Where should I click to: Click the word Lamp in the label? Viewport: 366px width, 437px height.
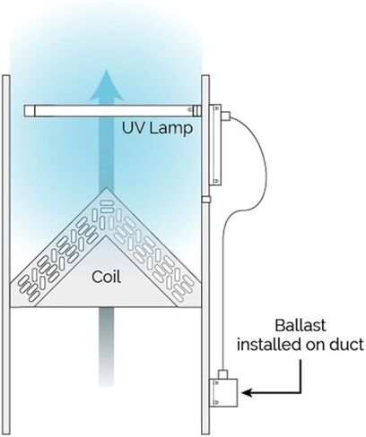pyautogui.click(x=170, y=129)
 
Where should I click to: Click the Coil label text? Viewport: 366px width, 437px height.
pyautogui.click(x=107, y=277)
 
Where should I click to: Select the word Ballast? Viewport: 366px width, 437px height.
pyautogui.click(x=301, y=325)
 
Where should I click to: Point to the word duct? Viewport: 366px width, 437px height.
pyautogui.click(x=347, y=345)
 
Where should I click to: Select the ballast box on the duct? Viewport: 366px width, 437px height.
pyautogui.click(x=223, y=392)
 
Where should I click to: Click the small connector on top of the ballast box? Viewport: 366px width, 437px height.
pyautogui.click(x=223, y=374)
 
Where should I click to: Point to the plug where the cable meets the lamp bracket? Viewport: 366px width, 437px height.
pyautogui.click(x=226, y=116)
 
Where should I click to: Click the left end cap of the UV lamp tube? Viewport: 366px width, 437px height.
pyautogui.click(x=30, y=110)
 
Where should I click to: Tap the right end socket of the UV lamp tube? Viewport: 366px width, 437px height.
pyautogui.click(x=196, y=110)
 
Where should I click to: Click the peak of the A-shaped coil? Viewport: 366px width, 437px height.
pyautogui.click(x=106, y=188)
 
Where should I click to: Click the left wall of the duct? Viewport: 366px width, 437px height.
pyautogui.click(x=6, y=254)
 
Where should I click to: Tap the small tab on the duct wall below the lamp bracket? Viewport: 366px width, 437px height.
pyautogui.click(x=206, y=199)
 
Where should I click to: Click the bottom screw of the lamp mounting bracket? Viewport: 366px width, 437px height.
pyautogui.click(x=216, y=181)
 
